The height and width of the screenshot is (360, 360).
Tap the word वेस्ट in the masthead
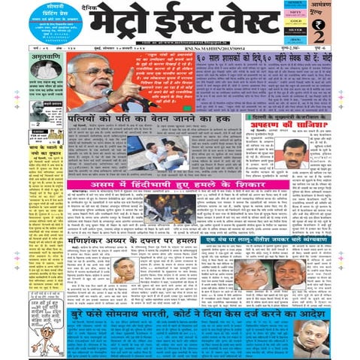click(x=248, y=23)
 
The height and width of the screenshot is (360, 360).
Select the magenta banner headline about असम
click(x=195, y=184)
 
